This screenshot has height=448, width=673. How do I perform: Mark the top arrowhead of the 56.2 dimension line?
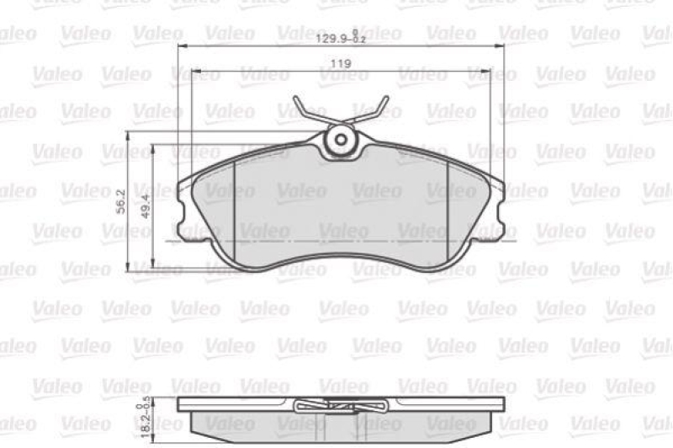coord(128,135)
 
